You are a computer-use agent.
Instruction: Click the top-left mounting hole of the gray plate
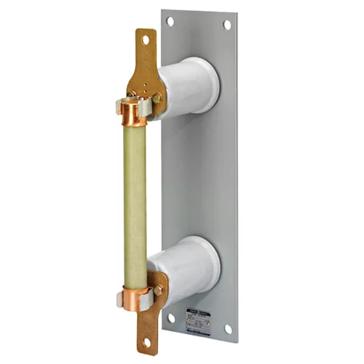coord(170,21)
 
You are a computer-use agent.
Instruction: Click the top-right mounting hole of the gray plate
coord(227,25)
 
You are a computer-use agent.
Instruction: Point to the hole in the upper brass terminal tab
coord(145,41)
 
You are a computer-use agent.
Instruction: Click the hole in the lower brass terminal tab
coord(148,341)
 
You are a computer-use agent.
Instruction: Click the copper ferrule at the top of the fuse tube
coord(134,111)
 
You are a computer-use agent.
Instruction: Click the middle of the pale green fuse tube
coord(135,204)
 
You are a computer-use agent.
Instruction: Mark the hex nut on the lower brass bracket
coord(158,290)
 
